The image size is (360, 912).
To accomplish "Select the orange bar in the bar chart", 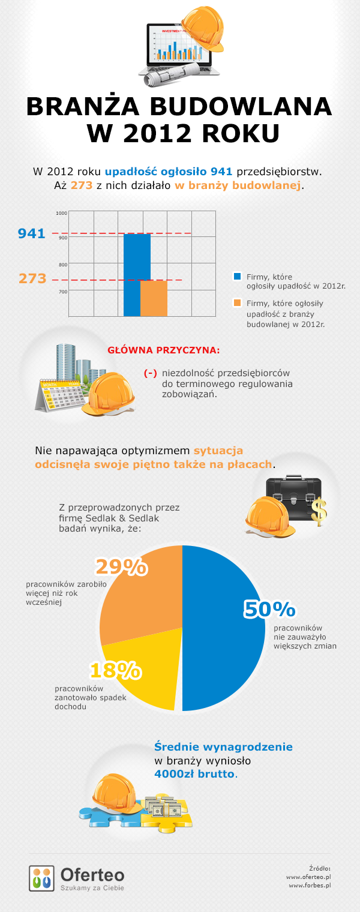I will tap(154, 298).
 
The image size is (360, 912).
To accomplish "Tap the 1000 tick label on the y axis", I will tap(62, 213).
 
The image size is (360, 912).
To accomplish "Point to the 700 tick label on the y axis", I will tap(62, 292).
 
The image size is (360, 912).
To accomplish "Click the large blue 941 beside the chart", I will tap(32, 233).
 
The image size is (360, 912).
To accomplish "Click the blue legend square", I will tap(237, 277).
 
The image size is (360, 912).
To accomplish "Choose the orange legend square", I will tap(237, 303).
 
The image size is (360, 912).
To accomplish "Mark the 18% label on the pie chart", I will tap(115, 670).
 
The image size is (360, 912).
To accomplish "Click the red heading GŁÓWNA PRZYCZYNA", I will tap(163, 350).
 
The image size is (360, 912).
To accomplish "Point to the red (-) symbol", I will tap(150, 373).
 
